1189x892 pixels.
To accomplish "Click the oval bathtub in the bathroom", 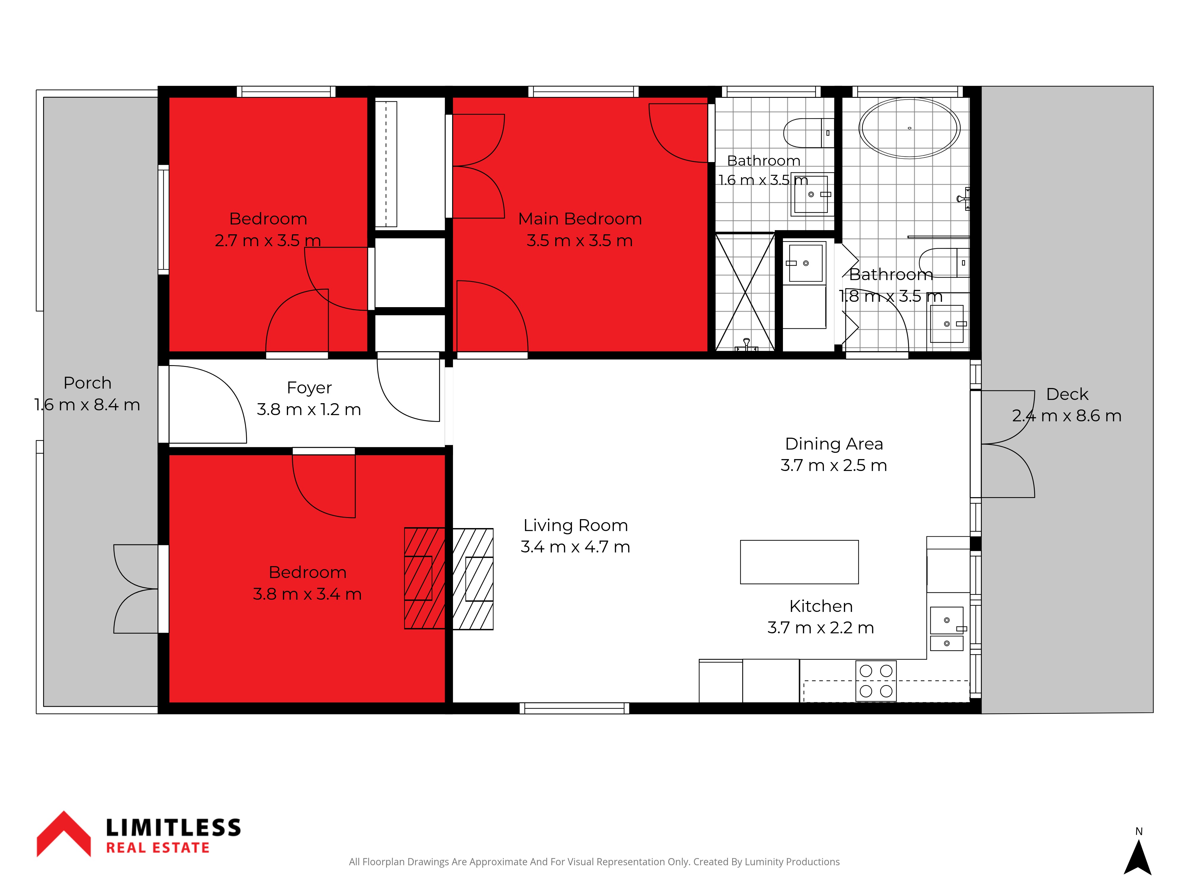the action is click(x=910, y=128).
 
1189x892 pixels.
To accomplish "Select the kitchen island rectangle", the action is click(x=799, y=562).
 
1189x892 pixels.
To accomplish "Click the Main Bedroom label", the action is click(x=580, y=219).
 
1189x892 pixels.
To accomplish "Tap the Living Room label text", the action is click(x=576, y=525).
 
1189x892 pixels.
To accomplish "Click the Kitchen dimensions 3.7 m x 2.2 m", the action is click(x=821, y=627).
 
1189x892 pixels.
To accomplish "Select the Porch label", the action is click(x=88, y=383).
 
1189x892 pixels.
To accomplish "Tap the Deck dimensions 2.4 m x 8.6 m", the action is click(x=1067, y=416).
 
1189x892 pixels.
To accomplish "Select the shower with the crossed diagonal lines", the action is click(x=745, y=293).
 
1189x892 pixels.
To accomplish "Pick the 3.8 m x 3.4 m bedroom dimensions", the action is click(x=307, y=594).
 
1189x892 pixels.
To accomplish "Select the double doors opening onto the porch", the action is click(x=136, y=589).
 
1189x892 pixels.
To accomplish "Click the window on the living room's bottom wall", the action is click(x=575, y=708).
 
